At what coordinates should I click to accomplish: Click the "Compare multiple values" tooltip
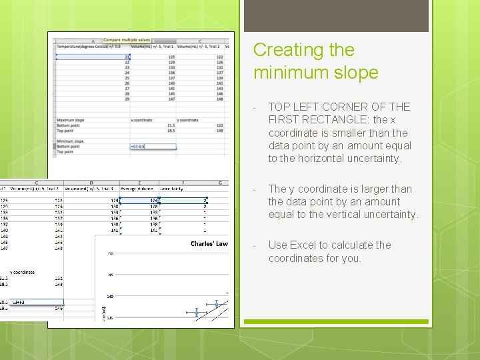click(127, 41)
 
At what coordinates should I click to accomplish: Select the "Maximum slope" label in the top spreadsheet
click(70, 120)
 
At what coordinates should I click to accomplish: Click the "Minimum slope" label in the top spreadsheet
click(70, 141)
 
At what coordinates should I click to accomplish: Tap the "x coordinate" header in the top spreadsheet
click(141, 120)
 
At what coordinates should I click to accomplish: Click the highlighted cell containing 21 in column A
click(127, 57)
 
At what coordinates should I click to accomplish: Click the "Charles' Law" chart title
click(209, 244)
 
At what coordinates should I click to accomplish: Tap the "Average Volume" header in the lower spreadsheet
click(135, 189)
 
